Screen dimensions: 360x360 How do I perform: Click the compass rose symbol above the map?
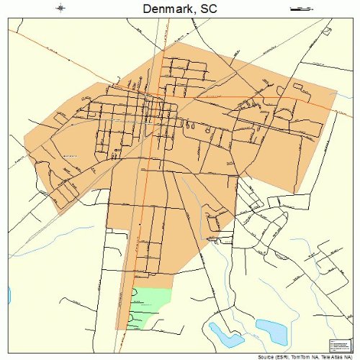click(x=61, y=9)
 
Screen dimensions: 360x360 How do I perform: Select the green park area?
click(x=151, y=306)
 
